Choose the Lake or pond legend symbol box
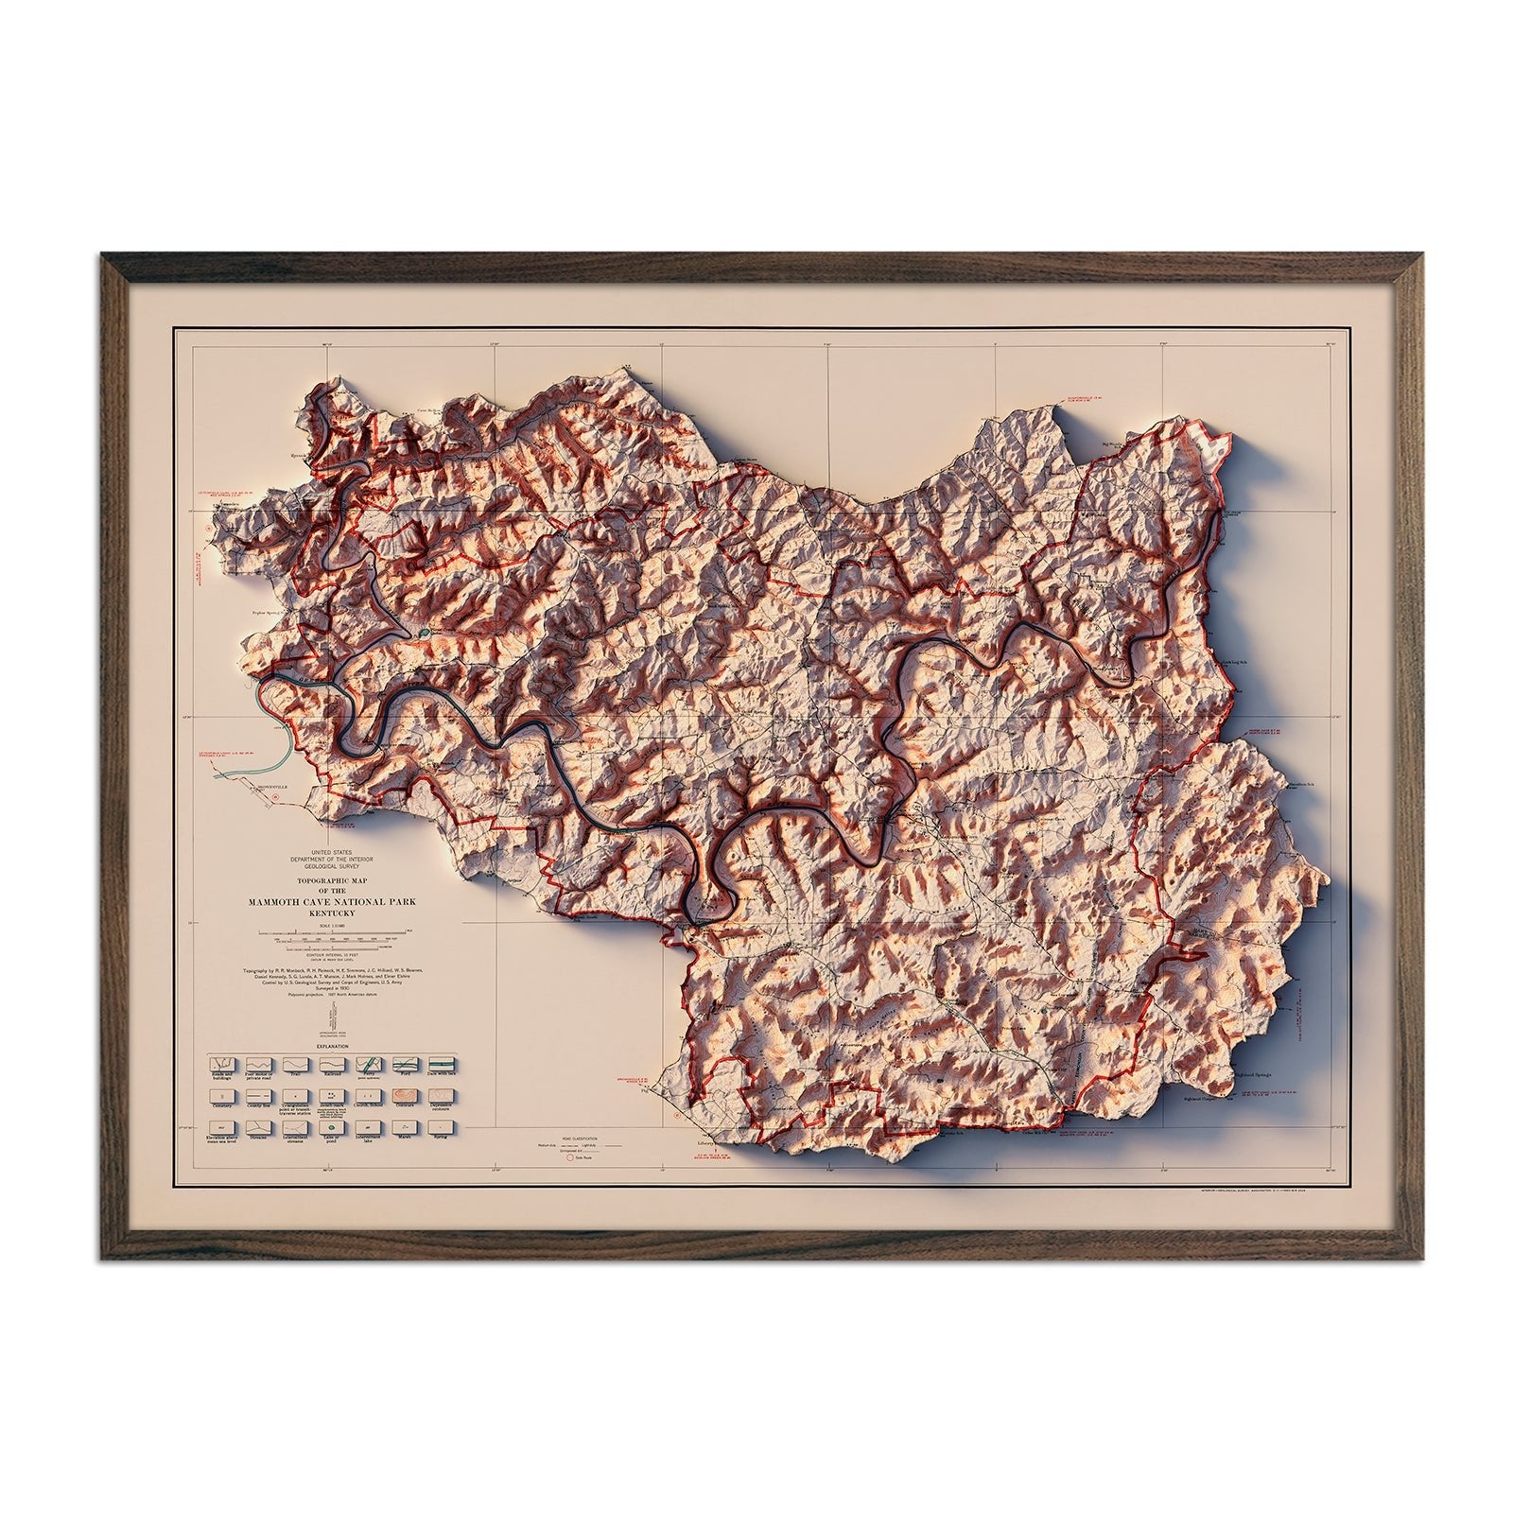point(330,1127)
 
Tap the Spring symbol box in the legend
point(441,1127)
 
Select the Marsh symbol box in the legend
point(404,1127)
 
